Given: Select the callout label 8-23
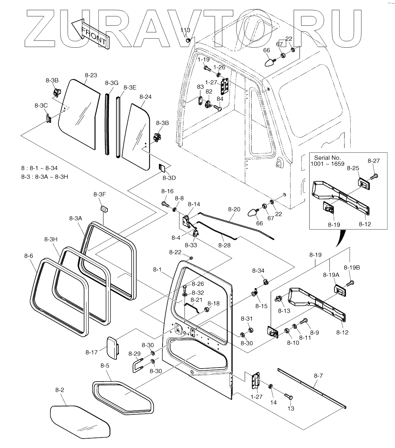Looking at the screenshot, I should click(91, 75).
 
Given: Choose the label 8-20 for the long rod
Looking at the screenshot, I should click(234, 209).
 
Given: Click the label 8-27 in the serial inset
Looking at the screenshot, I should click(373, 161).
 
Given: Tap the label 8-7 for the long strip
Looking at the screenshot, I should click(318, 376).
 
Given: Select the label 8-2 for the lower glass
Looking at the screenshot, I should click(60, 390).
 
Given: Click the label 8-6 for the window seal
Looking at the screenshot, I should click(29, 256).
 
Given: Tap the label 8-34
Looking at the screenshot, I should click(258, 271).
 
